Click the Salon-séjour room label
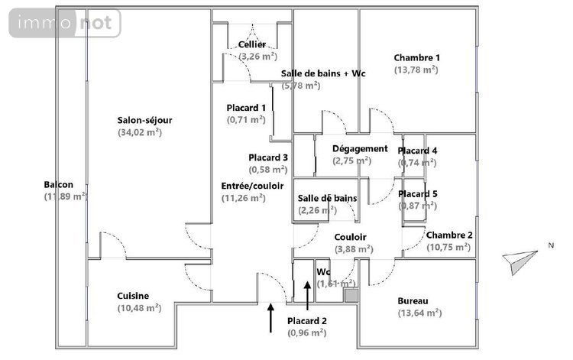click(144, 120)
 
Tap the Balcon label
click(59, 185)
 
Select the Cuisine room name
click(133, 296)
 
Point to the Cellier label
click(251, 45)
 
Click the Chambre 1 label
click(417, 57)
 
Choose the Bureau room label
click(413, 300)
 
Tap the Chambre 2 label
click(449, 235)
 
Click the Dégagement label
click(360, 148)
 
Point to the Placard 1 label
click(247, 108)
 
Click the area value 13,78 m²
click(416, 70)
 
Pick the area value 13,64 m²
click(419, 313)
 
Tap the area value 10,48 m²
click(138, 308)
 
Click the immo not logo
click(65, 23)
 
